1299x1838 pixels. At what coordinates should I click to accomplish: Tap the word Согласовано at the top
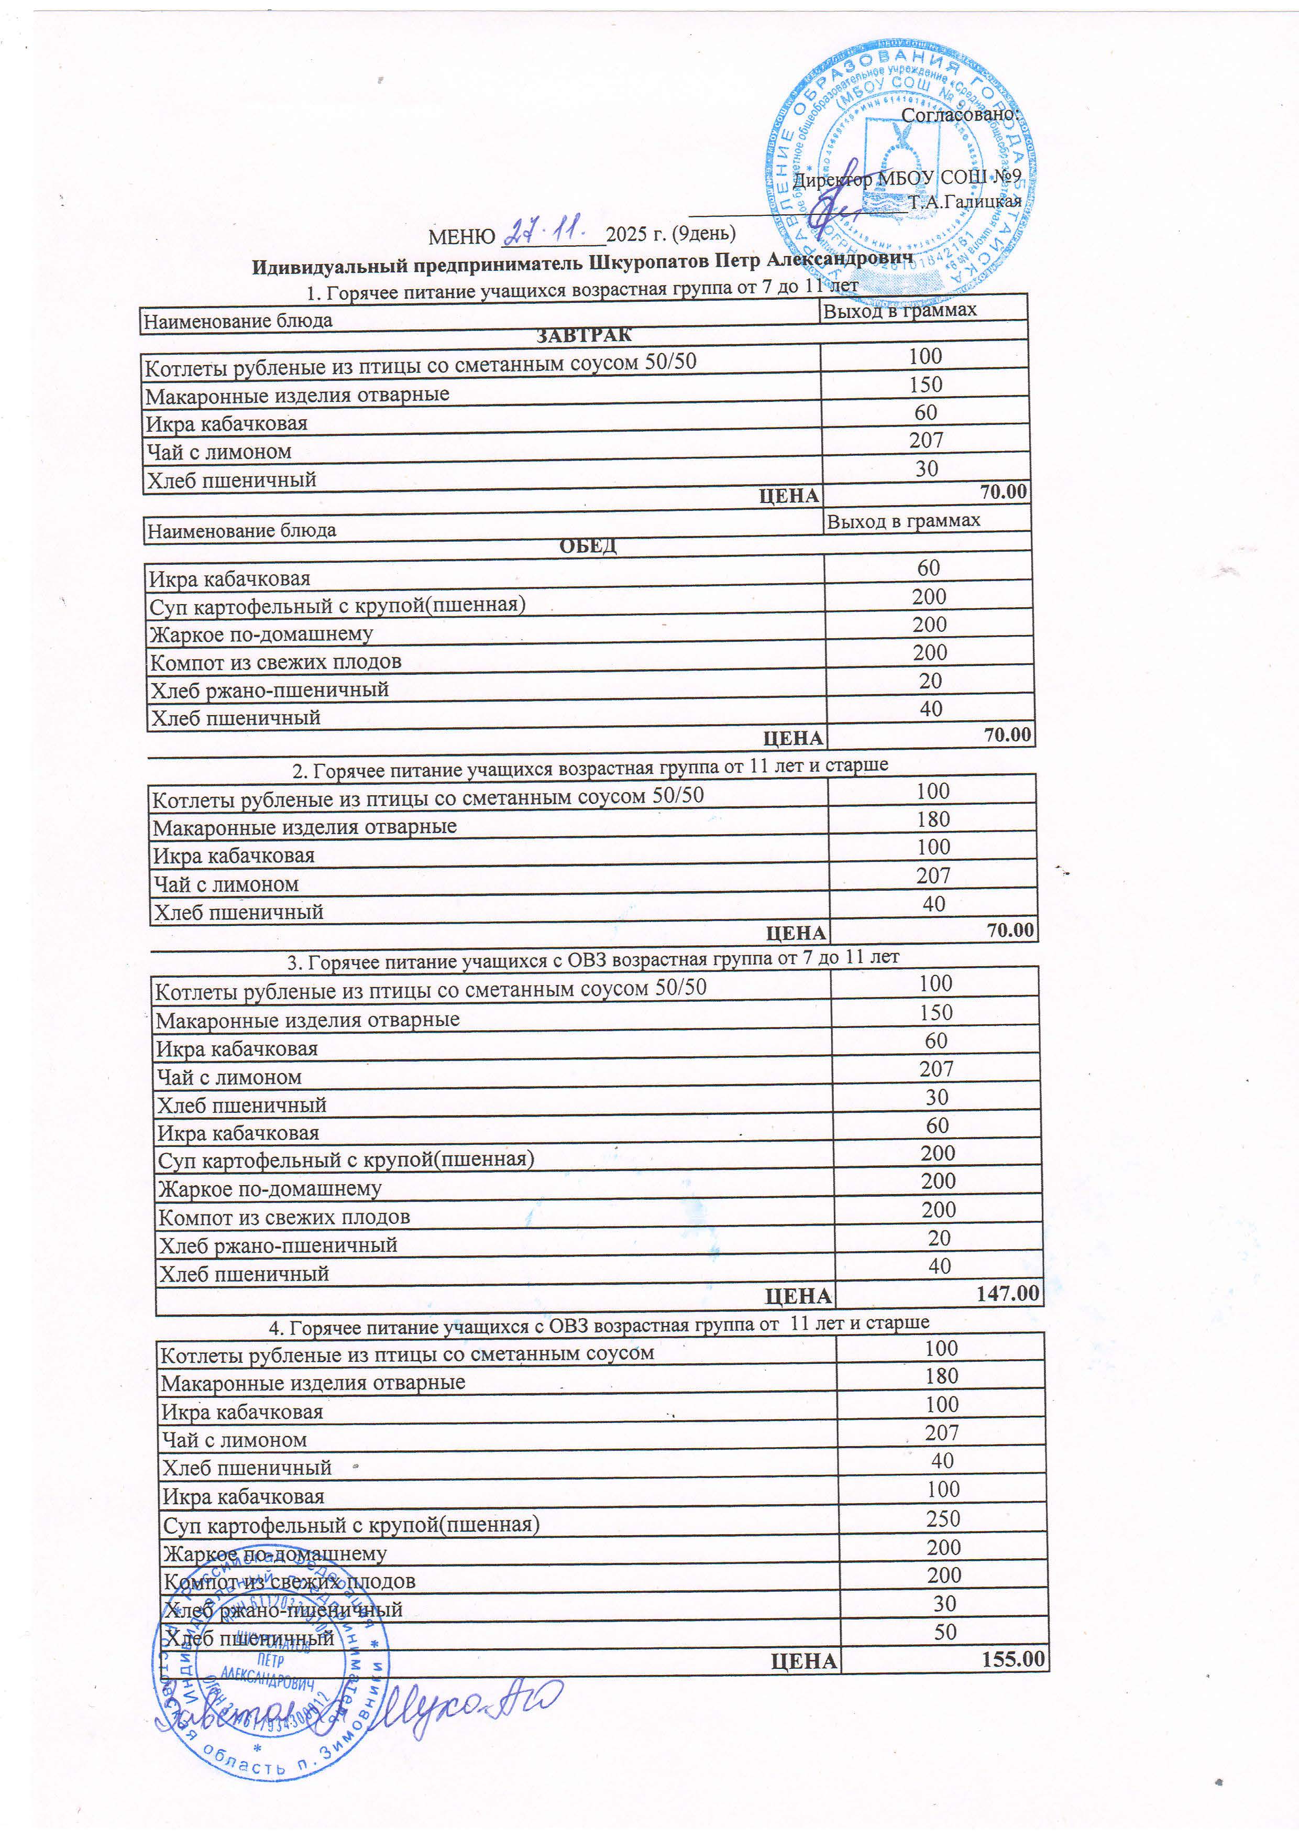click(960, 114)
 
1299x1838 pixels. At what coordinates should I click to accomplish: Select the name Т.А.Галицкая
click(964, 201)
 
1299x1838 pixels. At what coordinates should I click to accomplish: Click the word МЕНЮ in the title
click(462, 237)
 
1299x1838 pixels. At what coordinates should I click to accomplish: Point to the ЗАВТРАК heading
click(584, 335)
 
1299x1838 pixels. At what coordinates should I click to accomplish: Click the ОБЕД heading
click(588, 546)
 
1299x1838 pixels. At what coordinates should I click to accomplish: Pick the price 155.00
click(1012, 1659)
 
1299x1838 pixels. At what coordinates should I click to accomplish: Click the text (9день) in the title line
click(703, 233)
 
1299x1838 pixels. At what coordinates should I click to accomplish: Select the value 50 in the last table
click(945, 1632)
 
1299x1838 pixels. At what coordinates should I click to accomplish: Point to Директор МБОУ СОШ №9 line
click(906, 178)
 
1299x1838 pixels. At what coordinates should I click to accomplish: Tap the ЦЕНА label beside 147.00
click(798, 1295)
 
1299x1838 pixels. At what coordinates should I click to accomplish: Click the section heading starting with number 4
click(599, 1326)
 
